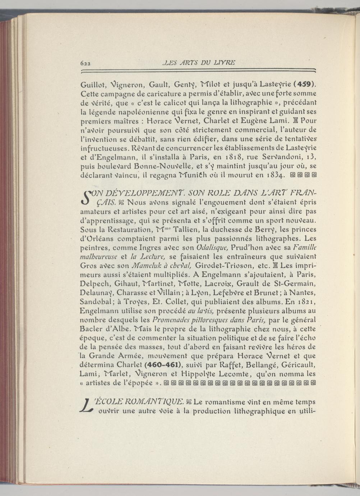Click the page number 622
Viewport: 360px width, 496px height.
click(85, 63)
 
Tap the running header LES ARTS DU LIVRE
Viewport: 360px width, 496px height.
click(199, 62)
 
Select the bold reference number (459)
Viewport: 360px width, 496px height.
click(305, 85)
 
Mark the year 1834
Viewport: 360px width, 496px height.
click(275, 175)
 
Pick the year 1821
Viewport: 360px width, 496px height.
click(306, 301)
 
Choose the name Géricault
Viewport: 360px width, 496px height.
click(299, 365)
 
